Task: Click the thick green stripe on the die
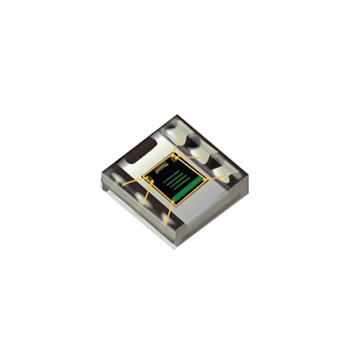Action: [x=187, y=190]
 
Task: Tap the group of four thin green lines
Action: [x=177, y=179]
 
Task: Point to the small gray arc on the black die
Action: [x=163, y=167]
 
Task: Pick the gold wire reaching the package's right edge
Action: [x=215, y=178]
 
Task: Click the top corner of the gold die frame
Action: [x=174, y=155]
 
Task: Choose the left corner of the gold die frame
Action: [x=142, y=175]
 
